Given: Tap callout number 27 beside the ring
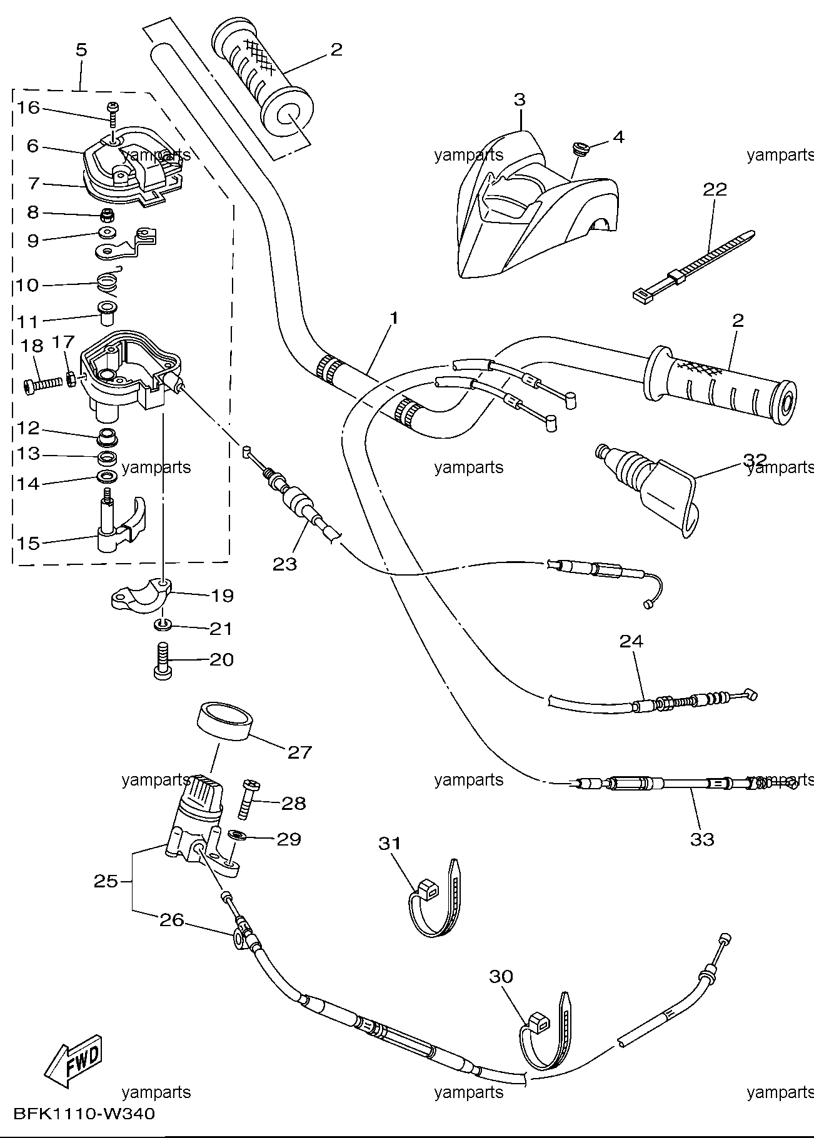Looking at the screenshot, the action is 299,752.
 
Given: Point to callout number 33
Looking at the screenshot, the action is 702,839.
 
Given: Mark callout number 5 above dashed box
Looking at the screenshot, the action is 82,50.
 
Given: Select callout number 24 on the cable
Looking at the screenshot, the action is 631,641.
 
